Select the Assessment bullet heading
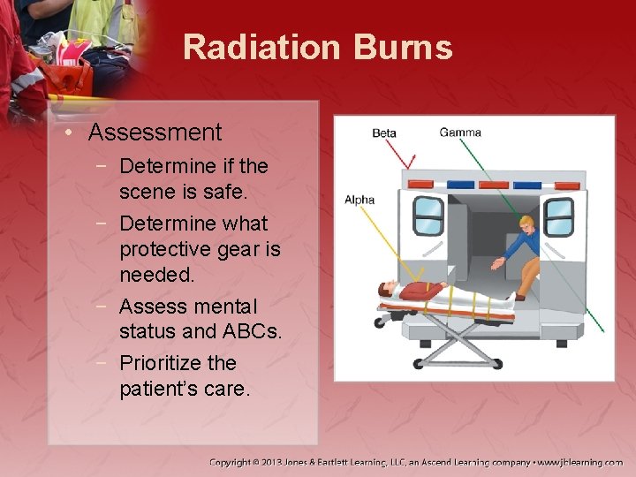point(155,132)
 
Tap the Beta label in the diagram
point(384,133)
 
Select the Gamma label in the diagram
point(460,132)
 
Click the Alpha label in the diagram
point(360,200)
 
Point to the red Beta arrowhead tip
point(413,167)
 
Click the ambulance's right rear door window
point(558,217)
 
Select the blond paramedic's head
point(526,223)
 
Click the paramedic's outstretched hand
point(496,262)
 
